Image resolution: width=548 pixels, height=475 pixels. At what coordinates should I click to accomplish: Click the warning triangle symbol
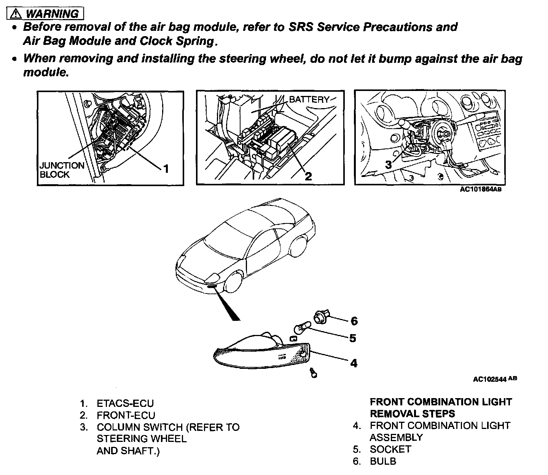click(x=16, y=14)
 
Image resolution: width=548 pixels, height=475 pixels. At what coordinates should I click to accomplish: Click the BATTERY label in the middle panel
click(x=309, y=100)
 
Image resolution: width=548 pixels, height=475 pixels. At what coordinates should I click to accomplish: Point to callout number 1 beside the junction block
click(x=166, y=168)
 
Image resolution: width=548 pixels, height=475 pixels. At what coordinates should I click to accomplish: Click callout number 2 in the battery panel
click(x=308, y=176)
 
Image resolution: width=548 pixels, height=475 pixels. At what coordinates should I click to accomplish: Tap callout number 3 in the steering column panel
click(x=388, y=165)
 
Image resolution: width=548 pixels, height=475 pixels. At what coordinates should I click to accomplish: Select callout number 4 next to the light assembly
click(x=354, y=363)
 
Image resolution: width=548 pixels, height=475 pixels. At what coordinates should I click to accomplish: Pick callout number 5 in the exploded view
click(x=353, y=338)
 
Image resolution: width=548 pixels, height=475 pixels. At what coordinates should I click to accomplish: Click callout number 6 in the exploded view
click(x=354, y=321)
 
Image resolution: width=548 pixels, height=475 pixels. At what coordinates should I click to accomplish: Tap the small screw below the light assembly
click(x=314, y=373)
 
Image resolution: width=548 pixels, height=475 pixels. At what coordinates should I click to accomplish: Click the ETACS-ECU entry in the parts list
click(x=125, y=403)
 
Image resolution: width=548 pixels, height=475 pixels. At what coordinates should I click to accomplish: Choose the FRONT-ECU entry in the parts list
click(x=126, y=415)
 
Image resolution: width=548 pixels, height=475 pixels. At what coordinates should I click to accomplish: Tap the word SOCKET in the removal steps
click(x=390, y=449)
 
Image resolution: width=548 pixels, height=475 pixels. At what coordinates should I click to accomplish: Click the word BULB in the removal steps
click(x=383, y=461)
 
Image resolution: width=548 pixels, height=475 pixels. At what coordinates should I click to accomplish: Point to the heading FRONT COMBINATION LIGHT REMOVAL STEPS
click(x=441, y=408)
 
